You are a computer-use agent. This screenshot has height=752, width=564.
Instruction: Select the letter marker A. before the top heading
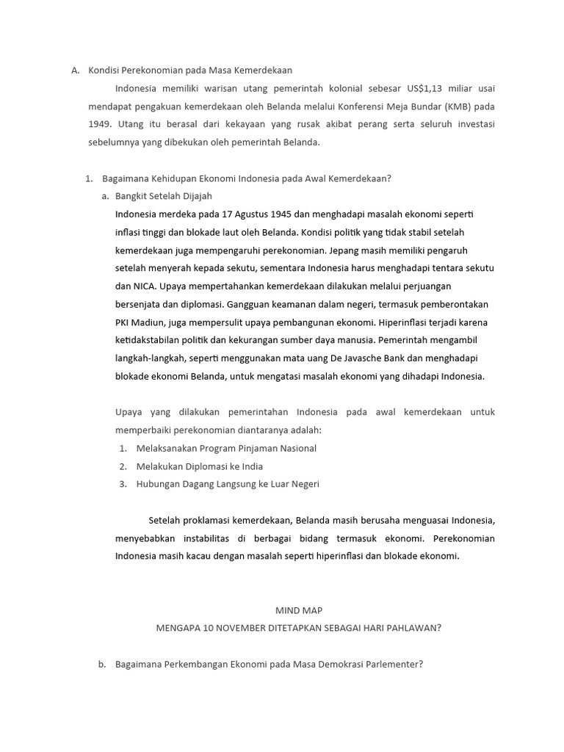pyautogui.click(x=75, y=70)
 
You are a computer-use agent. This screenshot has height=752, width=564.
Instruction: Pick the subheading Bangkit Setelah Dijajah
pyautogui.click(x=164, y=196)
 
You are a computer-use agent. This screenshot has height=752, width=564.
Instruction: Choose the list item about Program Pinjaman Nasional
pyautogui.click(x=226, y=448)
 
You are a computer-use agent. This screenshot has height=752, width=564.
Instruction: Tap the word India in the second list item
pyautogui.click(x=251, y=466)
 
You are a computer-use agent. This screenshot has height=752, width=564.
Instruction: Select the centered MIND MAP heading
pyautogui.click(x=299, y=610)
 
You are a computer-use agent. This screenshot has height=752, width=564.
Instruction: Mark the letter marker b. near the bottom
pyautogui.click(x=102, y=665)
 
